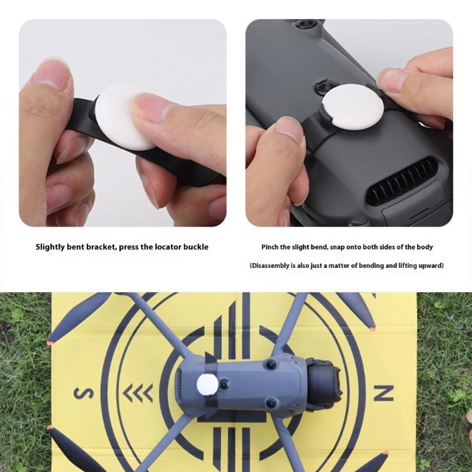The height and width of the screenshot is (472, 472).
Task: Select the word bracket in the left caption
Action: (100, 247)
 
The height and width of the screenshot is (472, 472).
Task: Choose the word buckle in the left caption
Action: (195, 247)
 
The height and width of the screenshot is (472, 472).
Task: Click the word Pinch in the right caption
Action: (270, 247)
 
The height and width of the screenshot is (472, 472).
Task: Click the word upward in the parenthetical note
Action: (430, 265)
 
